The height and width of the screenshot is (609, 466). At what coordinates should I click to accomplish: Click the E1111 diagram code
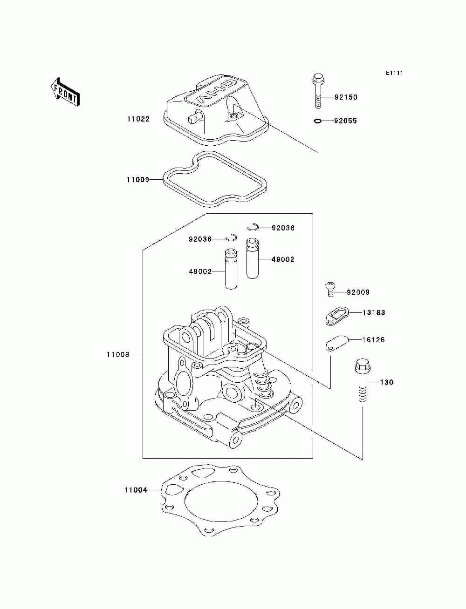394,73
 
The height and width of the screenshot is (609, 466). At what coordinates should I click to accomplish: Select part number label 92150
345,97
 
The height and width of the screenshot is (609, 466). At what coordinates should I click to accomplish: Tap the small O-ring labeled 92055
317,121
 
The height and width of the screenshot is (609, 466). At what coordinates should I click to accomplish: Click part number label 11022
138,119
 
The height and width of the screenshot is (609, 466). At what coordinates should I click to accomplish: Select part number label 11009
137,180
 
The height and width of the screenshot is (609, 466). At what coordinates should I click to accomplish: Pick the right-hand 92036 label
283,228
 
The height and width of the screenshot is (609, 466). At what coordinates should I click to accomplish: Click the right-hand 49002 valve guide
252,258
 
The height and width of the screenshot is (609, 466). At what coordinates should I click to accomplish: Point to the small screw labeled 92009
330,289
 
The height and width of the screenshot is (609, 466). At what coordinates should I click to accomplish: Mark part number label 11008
118,355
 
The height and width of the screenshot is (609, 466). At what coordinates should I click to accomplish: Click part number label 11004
136,490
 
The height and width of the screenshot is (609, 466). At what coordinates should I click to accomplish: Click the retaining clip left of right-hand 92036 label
253,227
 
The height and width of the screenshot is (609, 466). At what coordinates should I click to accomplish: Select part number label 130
387,382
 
